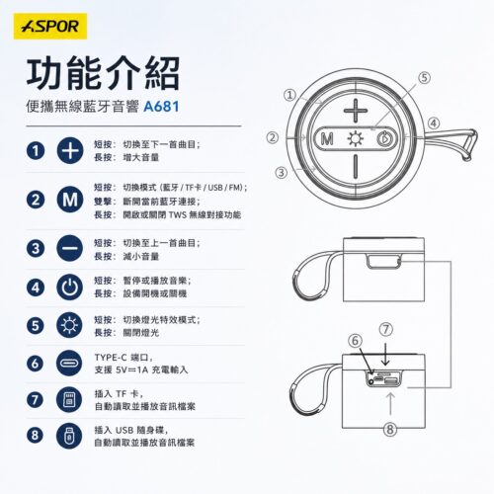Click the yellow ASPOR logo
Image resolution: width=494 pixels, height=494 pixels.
pos(50,27)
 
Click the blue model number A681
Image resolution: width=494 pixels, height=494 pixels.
pos(161,107)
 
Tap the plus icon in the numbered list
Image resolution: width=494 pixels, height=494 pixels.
pos(70,151)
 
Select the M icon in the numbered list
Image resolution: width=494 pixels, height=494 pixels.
pos(70,200)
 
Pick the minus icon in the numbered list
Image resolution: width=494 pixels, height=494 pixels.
pos(70,248)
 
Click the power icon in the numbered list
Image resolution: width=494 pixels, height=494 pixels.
pos(70,288)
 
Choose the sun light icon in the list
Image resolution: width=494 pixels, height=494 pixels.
pos(70,325)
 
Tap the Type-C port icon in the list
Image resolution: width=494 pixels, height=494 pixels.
pos(69,364)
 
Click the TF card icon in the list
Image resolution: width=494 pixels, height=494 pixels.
pos(69,400)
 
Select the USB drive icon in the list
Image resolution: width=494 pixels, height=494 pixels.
pos(69,436)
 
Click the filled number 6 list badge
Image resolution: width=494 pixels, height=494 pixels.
pos(36,364)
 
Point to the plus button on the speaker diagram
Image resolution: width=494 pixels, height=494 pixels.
pos(356,111)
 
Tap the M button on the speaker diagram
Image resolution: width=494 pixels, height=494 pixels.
pos(327,139)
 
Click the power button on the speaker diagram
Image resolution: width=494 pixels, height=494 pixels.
pos(383,139)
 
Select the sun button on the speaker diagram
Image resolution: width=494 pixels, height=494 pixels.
pos(356,139)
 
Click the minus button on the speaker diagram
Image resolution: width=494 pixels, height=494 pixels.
pos(356,166)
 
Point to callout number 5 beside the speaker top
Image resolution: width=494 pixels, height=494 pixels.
pos(425,78)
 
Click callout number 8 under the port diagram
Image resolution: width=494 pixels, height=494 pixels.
pos(390,429)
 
